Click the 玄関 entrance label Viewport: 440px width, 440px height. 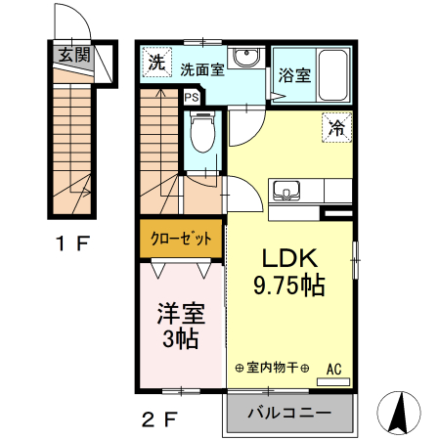pyautogui.click(x=73, y=55)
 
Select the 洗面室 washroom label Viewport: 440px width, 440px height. pyautogui.click(x=202, y=69)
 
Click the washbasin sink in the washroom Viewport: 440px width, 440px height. pyautogui.click(x=245, y=57)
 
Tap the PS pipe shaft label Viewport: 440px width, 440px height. pyautogui.click(x=192, y=97)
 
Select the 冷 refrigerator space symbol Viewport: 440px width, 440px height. pyautogui.click(x=336, y=127)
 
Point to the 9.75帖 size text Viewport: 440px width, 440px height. pyautogui.click(x=289, y=286)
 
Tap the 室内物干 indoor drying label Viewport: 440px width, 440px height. pyautogui.click(x=273, y=368)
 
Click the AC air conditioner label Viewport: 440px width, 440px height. pyautogui.click(x=332, y=368)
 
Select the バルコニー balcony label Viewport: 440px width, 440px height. pyautogui.click(x=289, y=413)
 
